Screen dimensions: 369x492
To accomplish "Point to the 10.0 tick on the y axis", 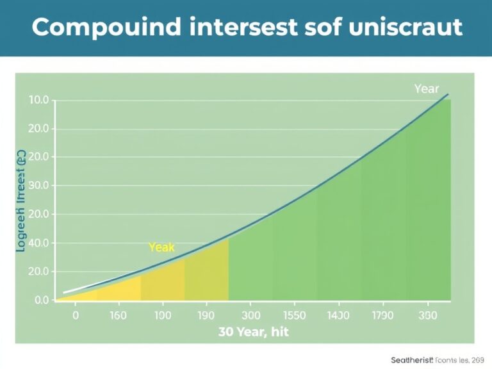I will coord(38,100).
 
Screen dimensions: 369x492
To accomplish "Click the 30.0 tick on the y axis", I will coord(38,186).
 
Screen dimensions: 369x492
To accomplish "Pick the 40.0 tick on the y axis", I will coord(38,243).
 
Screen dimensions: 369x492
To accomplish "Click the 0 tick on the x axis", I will coord(76,316).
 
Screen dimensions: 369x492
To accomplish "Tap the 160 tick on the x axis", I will coord(119,316).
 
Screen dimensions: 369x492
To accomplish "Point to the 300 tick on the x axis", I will coord(250,316).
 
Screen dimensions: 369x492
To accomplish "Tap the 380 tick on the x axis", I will coord(427,316).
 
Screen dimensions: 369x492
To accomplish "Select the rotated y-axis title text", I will coord(20,201).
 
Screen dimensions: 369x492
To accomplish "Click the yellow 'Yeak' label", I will coord(161,247).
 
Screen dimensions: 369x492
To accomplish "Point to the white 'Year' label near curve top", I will coord(427,89).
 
